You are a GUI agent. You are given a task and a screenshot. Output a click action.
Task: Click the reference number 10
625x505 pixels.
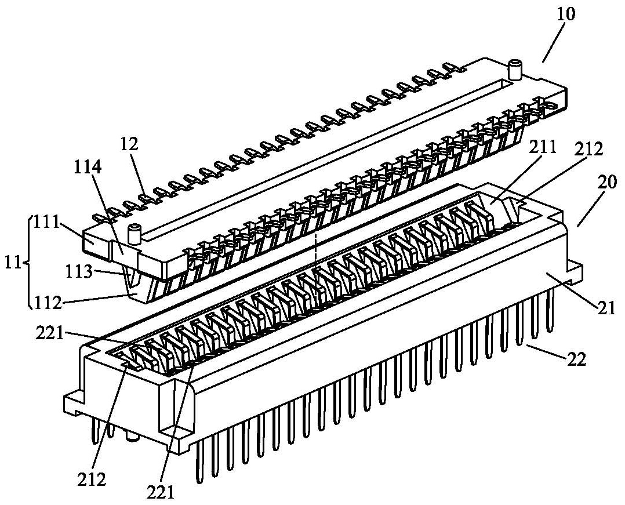566,14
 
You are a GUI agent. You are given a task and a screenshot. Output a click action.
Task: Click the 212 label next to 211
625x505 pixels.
588,149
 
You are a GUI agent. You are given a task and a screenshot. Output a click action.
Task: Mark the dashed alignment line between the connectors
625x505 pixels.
315,249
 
